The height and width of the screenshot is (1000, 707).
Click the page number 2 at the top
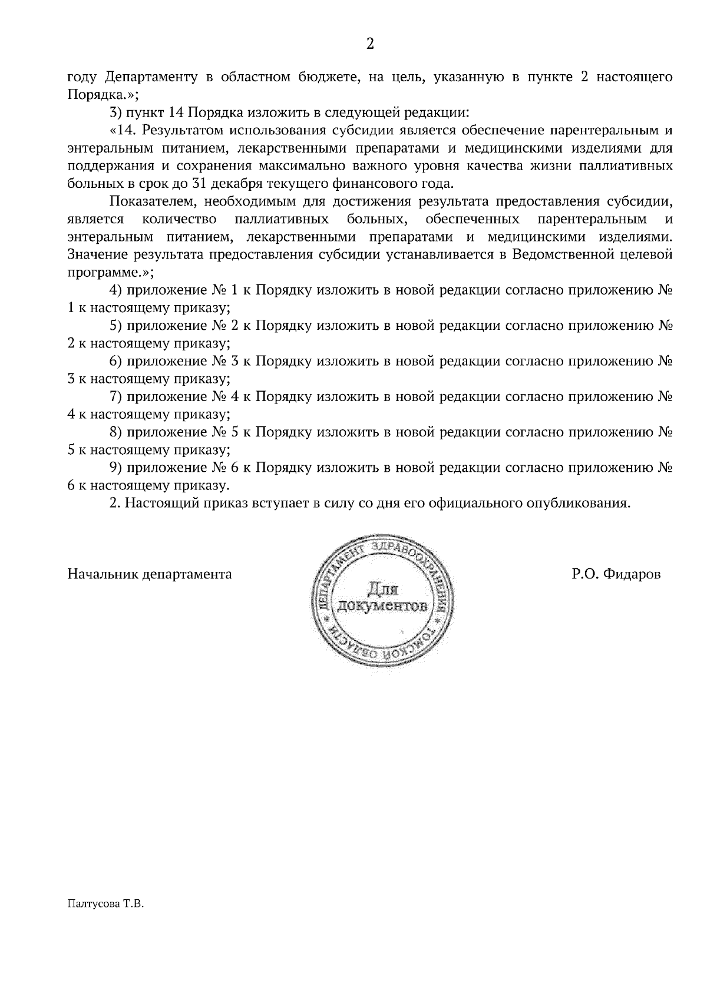click(370, 44)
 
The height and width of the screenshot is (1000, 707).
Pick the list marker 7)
click(115, 397)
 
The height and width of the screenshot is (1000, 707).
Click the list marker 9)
click(115, 468)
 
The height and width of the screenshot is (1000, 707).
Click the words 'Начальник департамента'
click(150, 574)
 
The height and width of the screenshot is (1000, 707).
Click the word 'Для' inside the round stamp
click(384, 588)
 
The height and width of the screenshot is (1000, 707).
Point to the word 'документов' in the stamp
click(384, 606)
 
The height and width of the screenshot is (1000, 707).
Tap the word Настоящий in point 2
click(164, 504)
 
